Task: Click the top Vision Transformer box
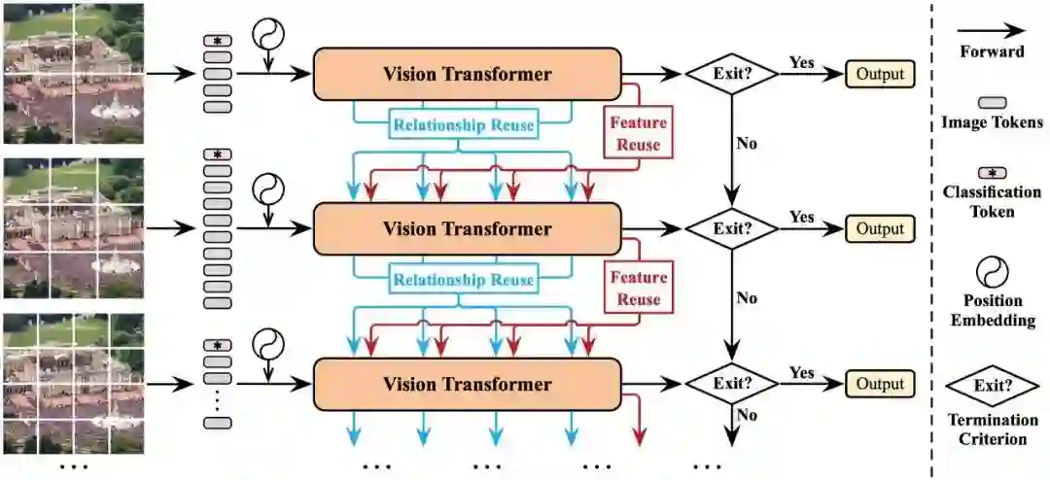click(467, 74)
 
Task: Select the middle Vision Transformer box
click(467, 229)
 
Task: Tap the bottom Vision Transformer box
click(467, 384)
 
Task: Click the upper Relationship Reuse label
click(463, 125)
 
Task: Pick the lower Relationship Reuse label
click(463, 280)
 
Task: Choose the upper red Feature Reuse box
click(638, 134)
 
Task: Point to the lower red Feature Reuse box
click(638, 289)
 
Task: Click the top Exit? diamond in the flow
click(731, 74)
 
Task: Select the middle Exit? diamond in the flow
click(731, 229)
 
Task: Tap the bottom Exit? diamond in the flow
click(731, 384)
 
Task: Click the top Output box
click(880, 74)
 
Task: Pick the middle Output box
click(880, 229)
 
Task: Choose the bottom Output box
click(880, 384)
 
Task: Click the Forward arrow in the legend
click(992, 31)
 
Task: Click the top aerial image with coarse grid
click(73, 73)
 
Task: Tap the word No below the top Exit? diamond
click(747, 144)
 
